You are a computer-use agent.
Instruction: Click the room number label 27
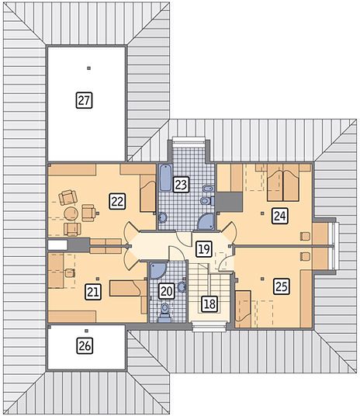pos(84,100)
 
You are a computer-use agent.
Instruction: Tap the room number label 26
pos(85,345)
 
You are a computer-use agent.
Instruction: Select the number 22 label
pos(117,201)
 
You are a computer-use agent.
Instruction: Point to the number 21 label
pos(93,292)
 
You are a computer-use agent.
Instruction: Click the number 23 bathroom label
pos(182,185)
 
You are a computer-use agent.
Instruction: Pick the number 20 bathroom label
pos(167,291)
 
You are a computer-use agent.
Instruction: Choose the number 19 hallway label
pos(204,249)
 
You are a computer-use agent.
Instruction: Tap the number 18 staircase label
pos(209,303)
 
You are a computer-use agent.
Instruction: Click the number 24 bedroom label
pos(280,216)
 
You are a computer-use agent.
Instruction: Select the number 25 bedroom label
pos(281,286)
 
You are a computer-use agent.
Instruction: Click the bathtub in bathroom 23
pos(166,178)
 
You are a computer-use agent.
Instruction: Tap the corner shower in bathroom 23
pos(206,222)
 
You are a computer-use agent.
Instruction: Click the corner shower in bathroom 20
pos(158,270)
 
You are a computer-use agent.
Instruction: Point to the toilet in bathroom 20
pos(164,313)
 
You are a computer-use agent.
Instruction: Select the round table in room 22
pos(71,214)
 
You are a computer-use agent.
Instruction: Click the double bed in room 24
pos(283,182)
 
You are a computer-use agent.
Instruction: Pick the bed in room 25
pos(243,310)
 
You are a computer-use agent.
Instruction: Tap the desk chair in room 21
pos(70,273)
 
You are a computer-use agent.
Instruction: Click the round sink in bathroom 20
pos(182,287)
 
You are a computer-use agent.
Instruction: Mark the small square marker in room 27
pos(89,68)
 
